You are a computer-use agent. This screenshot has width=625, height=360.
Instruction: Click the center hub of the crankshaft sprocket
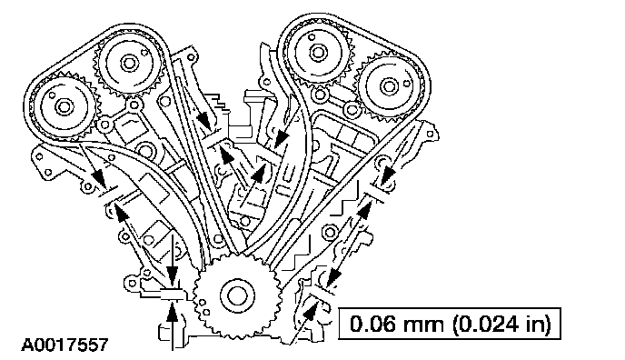pos(237,296)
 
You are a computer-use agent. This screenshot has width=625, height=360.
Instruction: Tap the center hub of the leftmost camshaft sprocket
pos(63,107)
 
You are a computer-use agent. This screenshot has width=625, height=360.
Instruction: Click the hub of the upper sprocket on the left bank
pos(128,63)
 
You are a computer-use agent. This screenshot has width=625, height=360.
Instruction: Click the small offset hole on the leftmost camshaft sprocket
pos(52,95)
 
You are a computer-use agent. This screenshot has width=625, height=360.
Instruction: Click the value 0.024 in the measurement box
pos(488,324)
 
